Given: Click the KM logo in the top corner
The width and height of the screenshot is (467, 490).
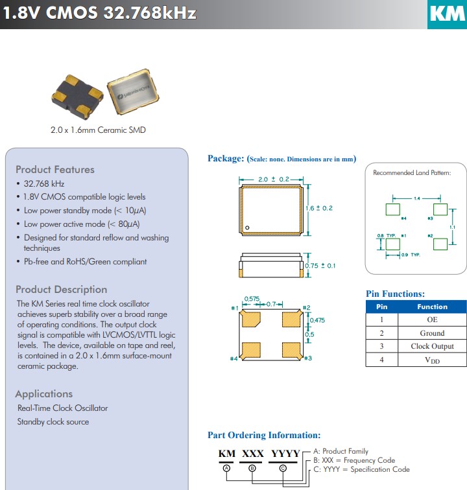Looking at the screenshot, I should tap(447, 14).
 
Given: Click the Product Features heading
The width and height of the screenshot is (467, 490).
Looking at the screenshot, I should tap(55, 170).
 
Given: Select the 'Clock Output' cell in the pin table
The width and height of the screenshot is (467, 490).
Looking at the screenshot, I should tap(432, 346).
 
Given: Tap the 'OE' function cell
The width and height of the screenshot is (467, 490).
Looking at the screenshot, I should tap(432, 320).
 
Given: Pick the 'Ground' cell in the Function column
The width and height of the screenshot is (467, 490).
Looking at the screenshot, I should tap(432, 333).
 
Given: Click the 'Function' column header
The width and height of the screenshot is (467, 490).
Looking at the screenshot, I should tap(432, 307).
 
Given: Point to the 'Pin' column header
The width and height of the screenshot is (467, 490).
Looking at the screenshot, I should tap(382, 307).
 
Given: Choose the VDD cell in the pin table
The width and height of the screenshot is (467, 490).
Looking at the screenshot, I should tap(432, 360).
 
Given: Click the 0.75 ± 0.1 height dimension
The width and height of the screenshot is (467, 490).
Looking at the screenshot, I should tap(320, 266).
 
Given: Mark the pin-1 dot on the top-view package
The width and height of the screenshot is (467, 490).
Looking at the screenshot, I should tap(247, 227).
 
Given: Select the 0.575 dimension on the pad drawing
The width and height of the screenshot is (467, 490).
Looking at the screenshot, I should tap(251, 299).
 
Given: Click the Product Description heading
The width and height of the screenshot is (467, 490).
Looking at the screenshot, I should tap(62, 290).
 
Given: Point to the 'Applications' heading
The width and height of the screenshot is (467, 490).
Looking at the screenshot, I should tap(44, 394).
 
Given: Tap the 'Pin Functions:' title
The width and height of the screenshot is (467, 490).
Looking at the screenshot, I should tap(396, 294).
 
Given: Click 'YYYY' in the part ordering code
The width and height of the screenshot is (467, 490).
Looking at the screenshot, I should tap(285, 454).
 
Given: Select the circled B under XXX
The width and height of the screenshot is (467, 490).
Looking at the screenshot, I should tap(253, 467).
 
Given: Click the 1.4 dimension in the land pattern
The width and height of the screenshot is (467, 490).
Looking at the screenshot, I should tap(416, 198).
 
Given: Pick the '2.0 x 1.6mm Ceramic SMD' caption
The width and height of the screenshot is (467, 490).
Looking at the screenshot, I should tap(98, 130).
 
